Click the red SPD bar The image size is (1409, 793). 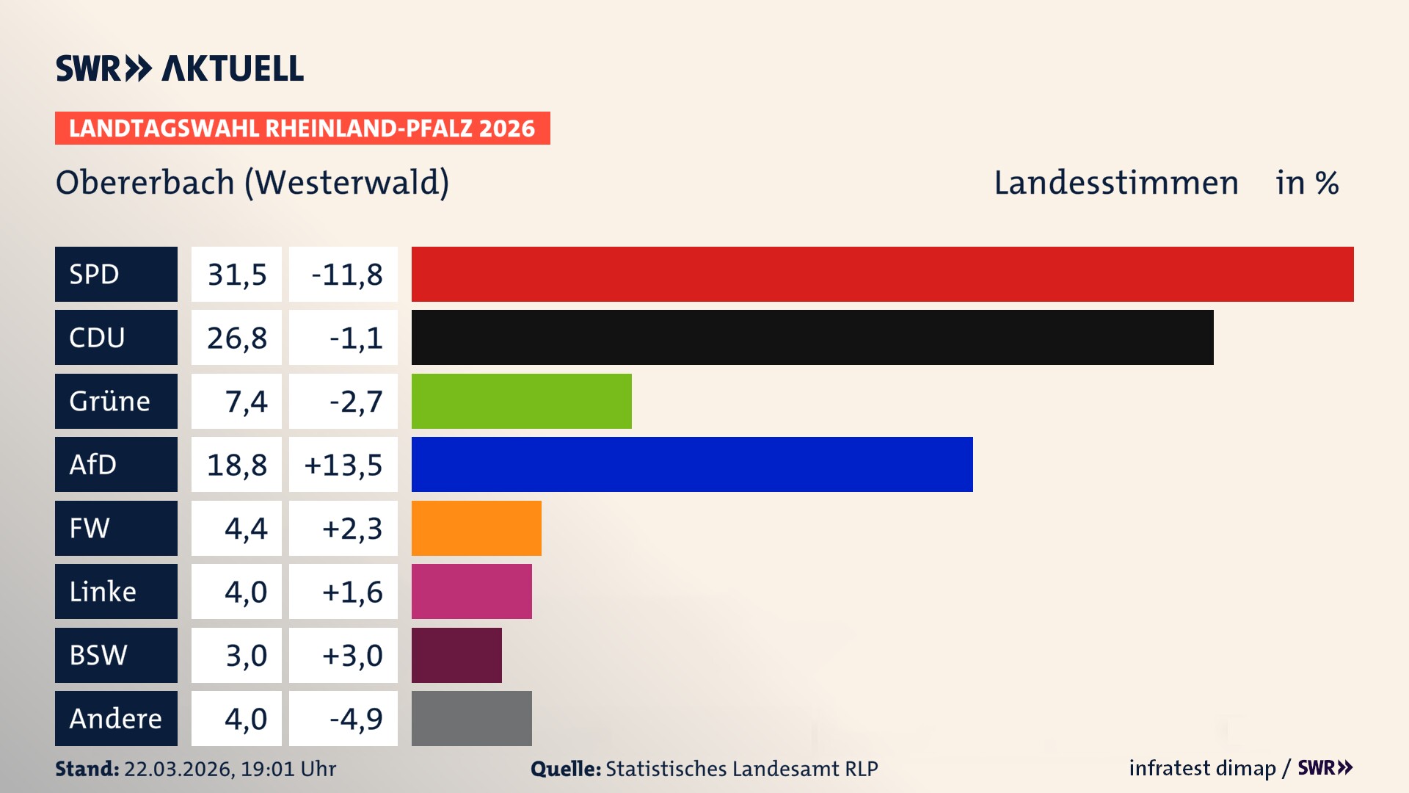[882, 274]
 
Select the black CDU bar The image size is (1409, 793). [812, 337]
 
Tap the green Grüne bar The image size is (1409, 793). [521, 401]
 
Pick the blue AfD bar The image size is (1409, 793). [691, 464]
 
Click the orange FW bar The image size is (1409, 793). [476, 528]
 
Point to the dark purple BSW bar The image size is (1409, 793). [456, 655]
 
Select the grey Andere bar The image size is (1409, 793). [471, 718]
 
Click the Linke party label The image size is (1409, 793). [103, 591]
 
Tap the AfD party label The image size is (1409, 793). [93, 464]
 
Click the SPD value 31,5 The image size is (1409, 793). [236, 274]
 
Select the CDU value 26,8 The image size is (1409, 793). [236, 337]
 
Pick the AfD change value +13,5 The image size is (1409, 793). [343, 464]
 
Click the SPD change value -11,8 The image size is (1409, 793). [346, 274]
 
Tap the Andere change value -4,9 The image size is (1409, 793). [355, 718]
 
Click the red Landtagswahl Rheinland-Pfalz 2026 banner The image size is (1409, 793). [302, 128]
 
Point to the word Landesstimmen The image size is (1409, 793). [1115, 182]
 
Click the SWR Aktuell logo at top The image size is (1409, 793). [179, 68]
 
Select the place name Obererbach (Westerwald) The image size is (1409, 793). [252, 182]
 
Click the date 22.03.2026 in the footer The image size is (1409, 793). [178, 769]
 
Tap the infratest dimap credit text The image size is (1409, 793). [1202, 768]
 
